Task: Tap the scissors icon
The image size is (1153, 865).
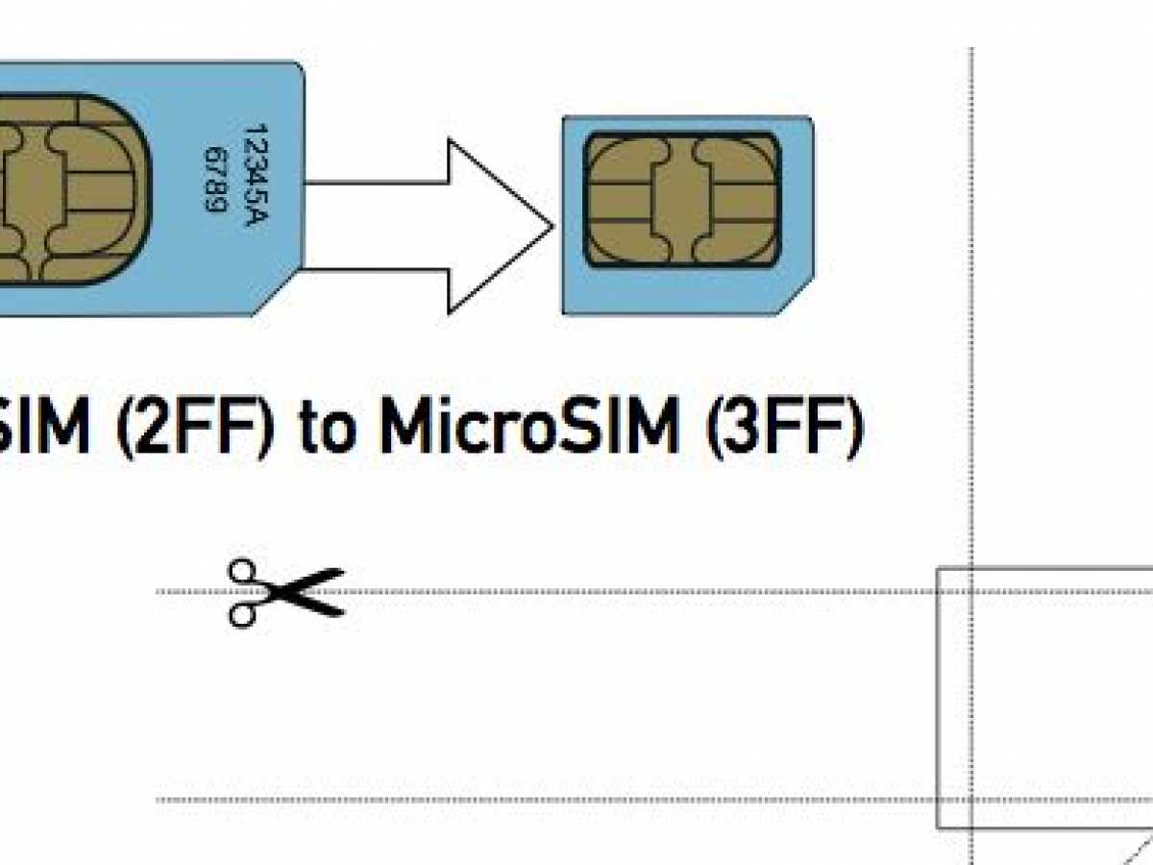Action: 283,591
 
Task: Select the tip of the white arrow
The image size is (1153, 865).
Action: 552,227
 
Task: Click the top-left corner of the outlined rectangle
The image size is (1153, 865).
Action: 938,569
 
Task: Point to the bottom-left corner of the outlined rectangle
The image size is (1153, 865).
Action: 938,827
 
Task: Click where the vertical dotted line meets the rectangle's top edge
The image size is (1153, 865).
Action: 972,569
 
